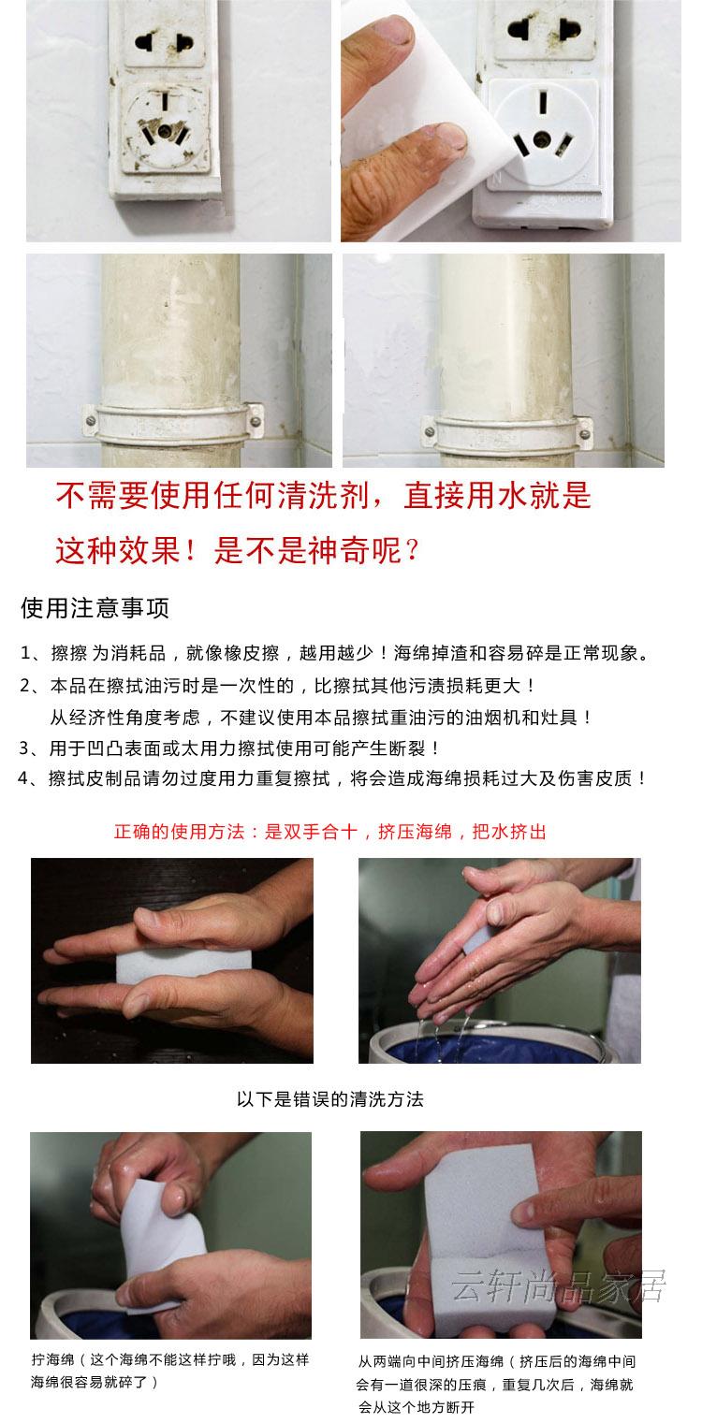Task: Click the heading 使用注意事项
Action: point(95,608)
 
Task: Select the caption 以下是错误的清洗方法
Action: point(329,1099)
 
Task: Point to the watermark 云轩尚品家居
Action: point(559,1286)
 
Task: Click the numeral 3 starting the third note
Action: point(24,748)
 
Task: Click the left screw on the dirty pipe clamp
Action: point(91,420)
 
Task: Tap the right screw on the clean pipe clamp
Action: point(584,434)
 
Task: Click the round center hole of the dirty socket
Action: point(165,132)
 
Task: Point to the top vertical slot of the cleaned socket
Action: point(543,102)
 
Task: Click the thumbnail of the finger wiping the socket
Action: point(511,121)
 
